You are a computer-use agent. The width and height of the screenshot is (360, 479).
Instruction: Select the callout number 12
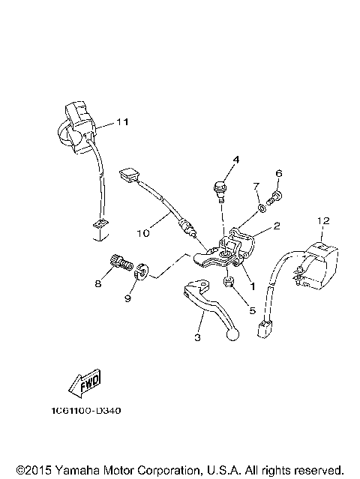(322, 220)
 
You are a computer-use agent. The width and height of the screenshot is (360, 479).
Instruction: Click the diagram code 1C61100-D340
(88, 411)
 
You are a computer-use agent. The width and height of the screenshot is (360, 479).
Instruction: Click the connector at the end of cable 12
(265, 331)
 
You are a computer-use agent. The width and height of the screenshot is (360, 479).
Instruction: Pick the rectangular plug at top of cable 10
(128, 176)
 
